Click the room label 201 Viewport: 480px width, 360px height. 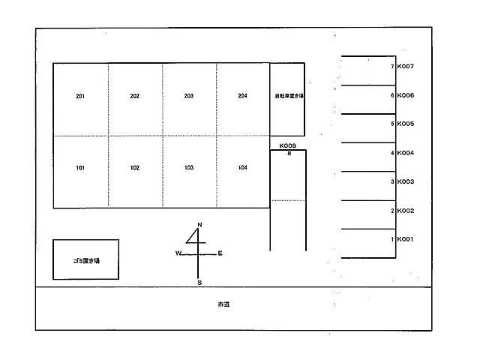[x=80, y=96]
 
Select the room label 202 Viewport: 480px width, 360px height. [x=135, y=96]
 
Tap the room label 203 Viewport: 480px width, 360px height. [x=189, y=96]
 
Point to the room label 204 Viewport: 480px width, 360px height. [x=242, y=96]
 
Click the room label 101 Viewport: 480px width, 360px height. [x=80, y=168]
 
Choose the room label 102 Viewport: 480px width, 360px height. [x=135, y=168]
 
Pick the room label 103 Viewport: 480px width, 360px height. [x=189, y=168]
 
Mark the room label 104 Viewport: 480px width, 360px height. [x=242, y=168]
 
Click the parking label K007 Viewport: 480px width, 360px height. [x=406, y=67]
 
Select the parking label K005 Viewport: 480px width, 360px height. [x=406, y=124]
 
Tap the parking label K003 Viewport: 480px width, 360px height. [x=406, y=182]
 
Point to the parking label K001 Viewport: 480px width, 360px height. [x=406, y=240]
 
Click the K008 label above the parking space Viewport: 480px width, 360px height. [x=288, y=146]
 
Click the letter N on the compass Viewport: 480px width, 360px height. [x=199, y=226]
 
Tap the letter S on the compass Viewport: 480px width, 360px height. [x=199, y=283]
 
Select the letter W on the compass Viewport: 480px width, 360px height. [x=179, y=254]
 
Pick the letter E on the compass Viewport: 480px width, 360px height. [x=220, y=253]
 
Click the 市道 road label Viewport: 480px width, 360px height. [x=223, y=305]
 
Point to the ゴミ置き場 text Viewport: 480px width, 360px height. [x=86, y=259]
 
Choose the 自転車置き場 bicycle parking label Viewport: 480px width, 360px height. [x=288, y=96]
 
